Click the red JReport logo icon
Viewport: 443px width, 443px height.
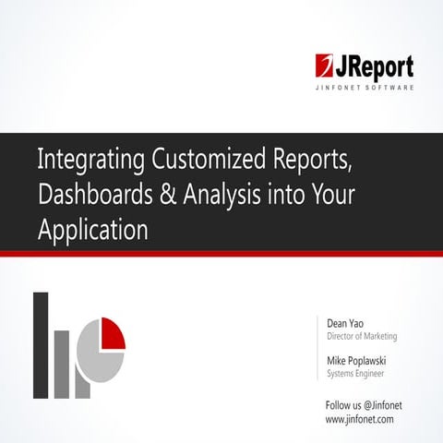click(326, 66)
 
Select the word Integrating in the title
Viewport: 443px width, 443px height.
click(88, 160)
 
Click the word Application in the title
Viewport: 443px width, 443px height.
click(92, 230)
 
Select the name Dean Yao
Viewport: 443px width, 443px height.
click(348, 324)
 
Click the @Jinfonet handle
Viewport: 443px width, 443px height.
click(388, 404)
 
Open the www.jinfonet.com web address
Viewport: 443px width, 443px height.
click(360, 418)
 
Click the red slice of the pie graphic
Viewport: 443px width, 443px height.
click(112, 332)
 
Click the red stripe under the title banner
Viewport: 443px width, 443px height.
click(221, 253)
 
